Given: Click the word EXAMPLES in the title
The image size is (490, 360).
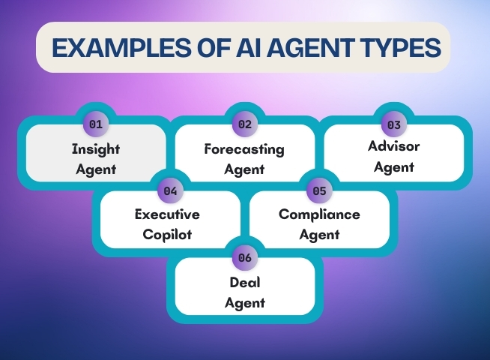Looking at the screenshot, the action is pos(121,47).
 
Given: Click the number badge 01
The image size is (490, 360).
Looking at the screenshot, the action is pos(96,124).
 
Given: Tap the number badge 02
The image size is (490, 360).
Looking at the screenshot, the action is pos(245,124).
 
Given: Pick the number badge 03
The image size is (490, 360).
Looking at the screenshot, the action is pos(394,124).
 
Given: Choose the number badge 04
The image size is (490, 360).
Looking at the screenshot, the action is pos(170,190).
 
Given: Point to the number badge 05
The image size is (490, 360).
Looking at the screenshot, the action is pos(319,190).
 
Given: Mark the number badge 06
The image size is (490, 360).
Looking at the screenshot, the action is pos(245,258).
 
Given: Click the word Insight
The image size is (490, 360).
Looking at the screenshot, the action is pos(96,149).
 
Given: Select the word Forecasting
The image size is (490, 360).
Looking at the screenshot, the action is pos(244,149).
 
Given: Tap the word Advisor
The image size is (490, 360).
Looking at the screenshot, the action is pos(394,146).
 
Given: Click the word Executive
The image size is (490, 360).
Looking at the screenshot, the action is pos(167,214).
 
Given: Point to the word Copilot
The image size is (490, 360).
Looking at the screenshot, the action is pos(167,235).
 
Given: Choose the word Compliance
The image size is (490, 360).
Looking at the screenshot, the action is pos(319,214).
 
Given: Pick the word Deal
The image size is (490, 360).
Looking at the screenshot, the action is pos(245,283).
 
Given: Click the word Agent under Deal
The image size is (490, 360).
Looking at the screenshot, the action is pos(245,303).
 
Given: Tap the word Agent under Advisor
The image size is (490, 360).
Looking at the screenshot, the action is pos(394,167).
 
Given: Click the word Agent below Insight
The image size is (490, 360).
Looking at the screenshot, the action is pos(96,169).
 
